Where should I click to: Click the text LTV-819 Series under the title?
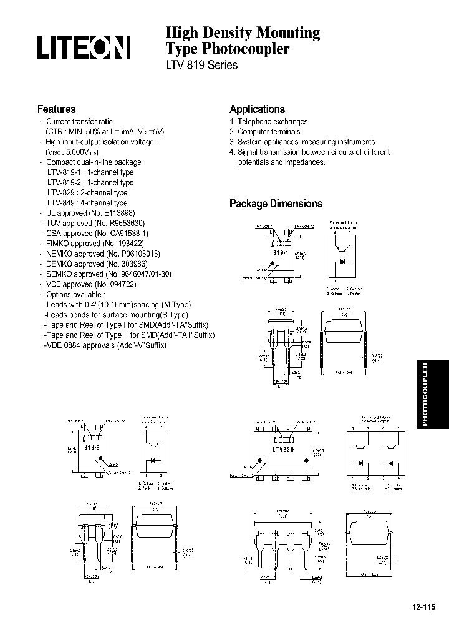[201, 65]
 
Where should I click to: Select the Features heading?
[56, 109]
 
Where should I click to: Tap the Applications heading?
[257, 109]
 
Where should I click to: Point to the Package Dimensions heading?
[276, 204]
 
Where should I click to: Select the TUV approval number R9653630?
[127, 223]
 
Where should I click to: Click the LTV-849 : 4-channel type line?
[87, 203]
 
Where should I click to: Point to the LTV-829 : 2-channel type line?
[87, 193]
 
